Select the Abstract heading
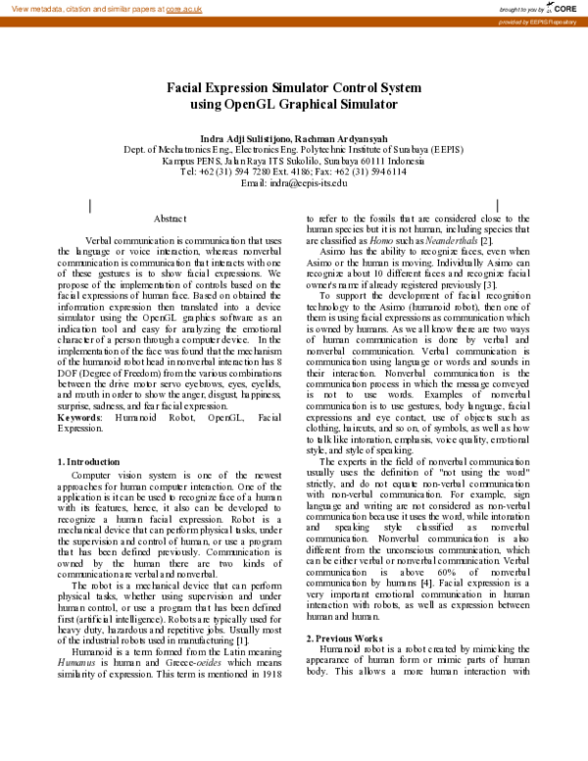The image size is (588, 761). [170, 218]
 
